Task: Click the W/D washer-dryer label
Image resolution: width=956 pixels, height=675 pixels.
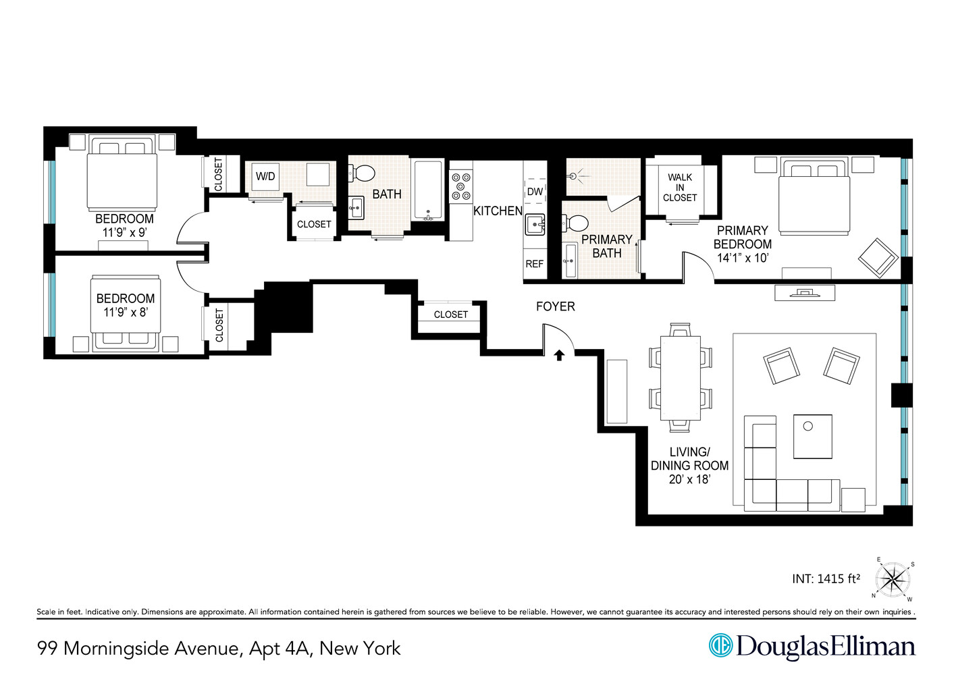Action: pyautogui.click(x=265, y=177)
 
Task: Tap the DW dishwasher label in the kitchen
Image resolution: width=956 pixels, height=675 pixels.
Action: pyautogui.click(x=535, y=192)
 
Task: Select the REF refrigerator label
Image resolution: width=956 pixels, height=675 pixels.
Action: pyautogui.click(x=534, y=264)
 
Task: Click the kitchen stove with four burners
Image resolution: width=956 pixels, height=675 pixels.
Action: pyautogui.click(x=461, y=187)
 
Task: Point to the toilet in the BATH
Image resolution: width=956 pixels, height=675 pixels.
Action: pyautogui.click(x=363, y=173)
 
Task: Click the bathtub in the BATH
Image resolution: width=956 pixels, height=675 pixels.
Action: pyautogui.click(x=428, y=190)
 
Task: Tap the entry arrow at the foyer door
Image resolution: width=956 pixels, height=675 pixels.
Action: pyautogui.click(x=559, y=354)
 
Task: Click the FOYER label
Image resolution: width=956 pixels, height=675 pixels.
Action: pyautogui.click(x=556, y=306)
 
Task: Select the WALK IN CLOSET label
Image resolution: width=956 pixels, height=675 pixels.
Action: pyautogui.click(x=680, y=188)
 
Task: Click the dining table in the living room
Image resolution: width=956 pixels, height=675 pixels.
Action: pyautogui.click(x=681, y=377)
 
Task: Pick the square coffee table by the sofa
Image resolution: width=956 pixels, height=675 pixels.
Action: pyautogui.click(x=812, y=436)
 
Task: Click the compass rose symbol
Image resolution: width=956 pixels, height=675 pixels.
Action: pyautogui.click(x=894, y=579)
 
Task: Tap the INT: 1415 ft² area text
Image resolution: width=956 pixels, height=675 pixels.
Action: pyautogui.click(x=826, y=578)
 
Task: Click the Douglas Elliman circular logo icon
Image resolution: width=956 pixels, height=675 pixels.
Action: pyautogui.click(x=720, y=645)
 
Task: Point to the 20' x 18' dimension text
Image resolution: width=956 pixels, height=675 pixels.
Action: pyautogui.click(x=689, y=479)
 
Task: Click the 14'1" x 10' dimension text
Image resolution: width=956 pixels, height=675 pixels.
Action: pyautogui.click(x=743, y=258)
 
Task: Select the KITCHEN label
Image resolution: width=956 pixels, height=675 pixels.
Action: pyautogui.click(x=498, y=211)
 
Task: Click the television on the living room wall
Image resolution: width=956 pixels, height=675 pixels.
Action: pyautogui.click(x=805, y=293)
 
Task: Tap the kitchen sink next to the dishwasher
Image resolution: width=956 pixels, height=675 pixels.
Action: pyautogui.click(x=535, y=224)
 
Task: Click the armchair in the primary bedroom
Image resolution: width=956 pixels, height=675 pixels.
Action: pyautogui.click(x=878, y=257)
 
